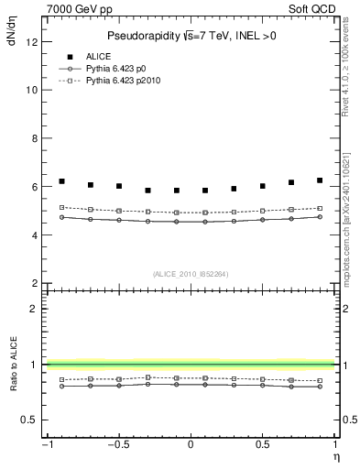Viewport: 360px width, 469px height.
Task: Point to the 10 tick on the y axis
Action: click(30, 91)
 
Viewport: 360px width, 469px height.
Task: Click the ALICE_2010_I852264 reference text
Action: click(190, 273)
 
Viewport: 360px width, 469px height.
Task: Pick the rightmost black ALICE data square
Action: click(320, 180)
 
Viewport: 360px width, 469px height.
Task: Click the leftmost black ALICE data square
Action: click(61, 181)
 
